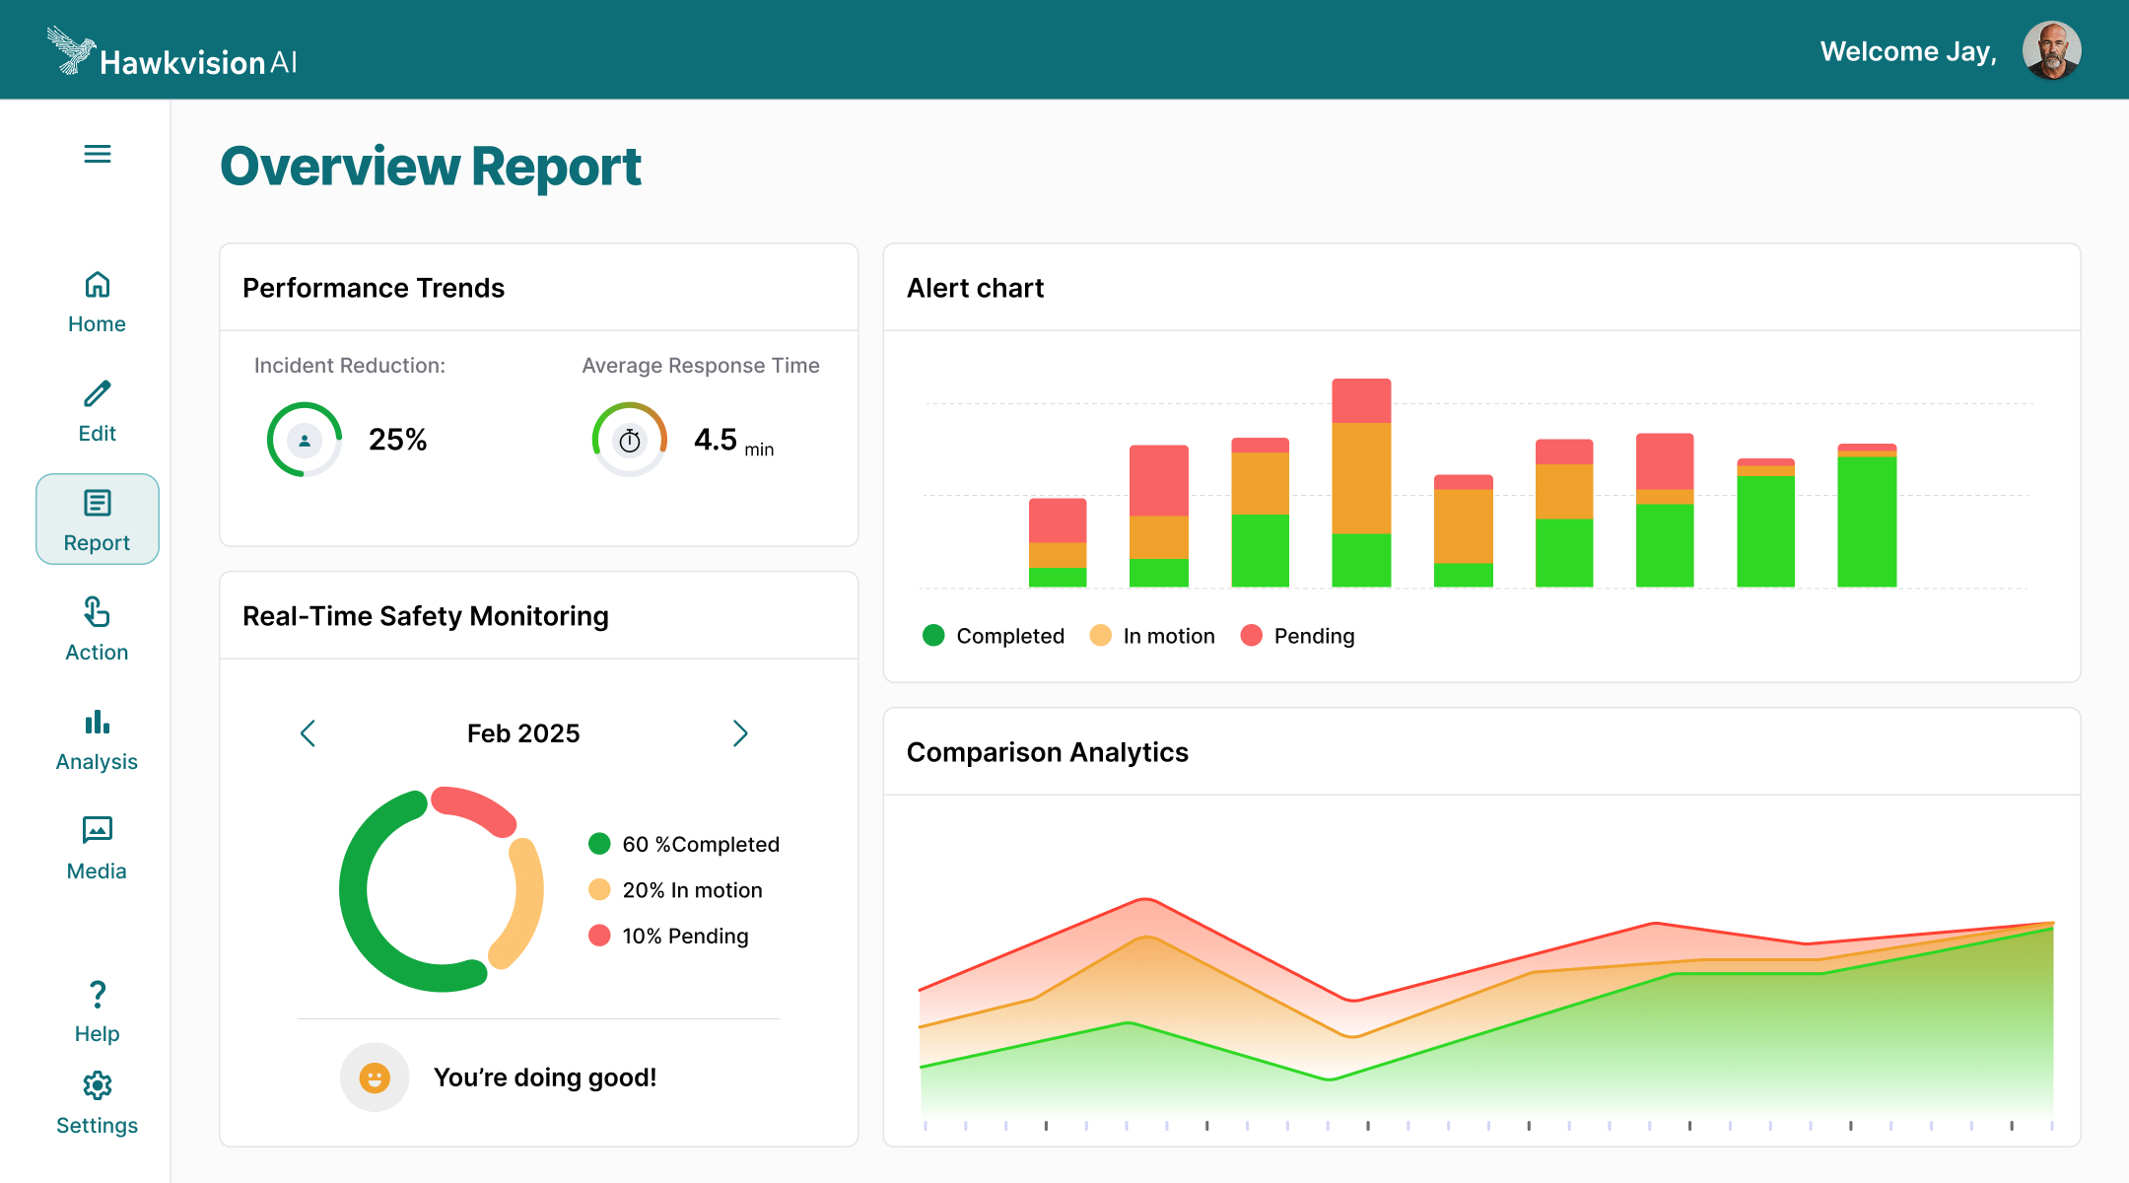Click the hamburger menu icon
click(x=97, y=154)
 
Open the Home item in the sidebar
click(x=97, y=302)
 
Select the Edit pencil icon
click(x=97, y=394)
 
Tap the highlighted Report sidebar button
click(x=97, y=520)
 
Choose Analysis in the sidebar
click(x=97, y=740)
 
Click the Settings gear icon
click(x=97, y=1085)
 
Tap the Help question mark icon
click(x=97, y=995)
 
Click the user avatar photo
click(x=2051, y=50)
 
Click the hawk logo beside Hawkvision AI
click(x=71, y=50)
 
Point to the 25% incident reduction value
click(x=397, y=440)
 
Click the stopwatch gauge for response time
click(x=629, y=440)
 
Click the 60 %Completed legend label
click(x=700, y=845)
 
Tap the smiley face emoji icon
click(x=375, y=1078)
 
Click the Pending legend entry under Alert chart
click(x=1313, y=636)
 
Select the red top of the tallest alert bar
click(x=1361, y=400)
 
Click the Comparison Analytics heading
click(x=1047, y=752)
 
